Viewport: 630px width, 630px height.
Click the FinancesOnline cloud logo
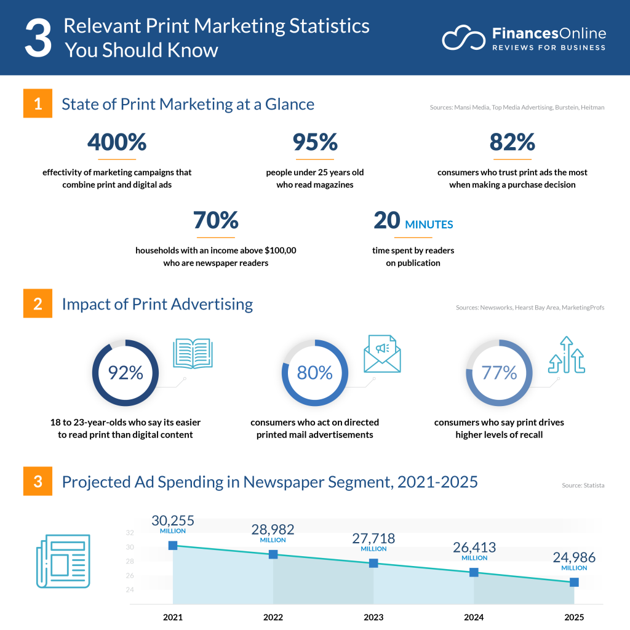coord(463,38)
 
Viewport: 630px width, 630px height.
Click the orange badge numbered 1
coord(38,104)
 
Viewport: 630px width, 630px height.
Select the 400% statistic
coord(117,143)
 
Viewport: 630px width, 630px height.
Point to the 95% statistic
coord(315,143)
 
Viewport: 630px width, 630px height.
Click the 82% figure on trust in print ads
coord(512,143)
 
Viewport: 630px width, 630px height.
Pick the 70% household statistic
coord(215,220)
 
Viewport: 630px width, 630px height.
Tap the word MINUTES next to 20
coord(429,225)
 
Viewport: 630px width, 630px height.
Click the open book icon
coord(193,353)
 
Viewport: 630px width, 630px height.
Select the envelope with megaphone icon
coord(382,354)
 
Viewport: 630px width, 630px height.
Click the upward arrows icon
coord(565,356)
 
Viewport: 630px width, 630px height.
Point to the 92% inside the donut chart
coord(126,373)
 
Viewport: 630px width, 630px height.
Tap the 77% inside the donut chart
coord(499,373)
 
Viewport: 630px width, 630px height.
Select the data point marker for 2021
coord(173,545)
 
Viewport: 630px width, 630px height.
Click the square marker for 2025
coord(574,582)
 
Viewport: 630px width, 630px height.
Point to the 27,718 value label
coord(373,538)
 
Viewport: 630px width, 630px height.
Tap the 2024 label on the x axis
coord(474,617)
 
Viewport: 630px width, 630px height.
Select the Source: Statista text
coord(583,485)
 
